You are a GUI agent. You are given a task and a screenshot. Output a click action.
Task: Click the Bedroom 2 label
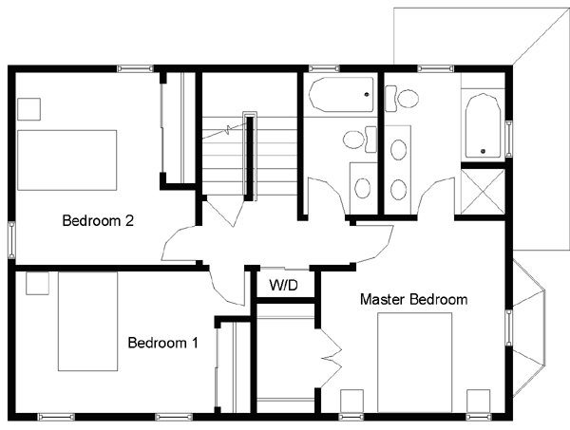[98, 220]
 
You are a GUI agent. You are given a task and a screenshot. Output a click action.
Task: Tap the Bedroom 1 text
[162, 343]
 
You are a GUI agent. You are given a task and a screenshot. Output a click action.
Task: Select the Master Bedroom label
[413, 299]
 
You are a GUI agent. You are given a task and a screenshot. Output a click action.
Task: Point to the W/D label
[283, 285]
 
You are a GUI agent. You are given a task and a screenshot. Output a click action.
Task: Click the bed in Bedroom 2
[67, 160]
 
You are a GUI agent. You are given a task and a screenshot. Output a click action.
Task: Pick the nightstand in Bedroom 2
[28, 109]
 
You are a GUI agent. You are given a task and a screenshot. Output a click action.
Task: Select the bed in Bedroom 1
[88, 322]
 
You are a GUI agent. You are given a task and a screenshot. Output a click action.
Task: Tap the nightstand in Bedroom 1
[37, 283]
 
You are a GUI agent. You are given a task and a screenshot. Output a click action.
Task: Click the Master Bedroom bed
[415, 363]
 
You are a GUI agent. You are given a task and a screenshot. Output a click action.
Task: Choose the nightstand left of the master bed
[351, 402]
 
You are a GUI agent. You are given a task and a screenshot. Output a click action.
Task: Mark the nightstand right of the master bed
[479, 402]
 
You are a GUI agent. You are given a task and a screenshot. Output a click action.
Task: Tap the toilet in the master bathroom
[402, 99]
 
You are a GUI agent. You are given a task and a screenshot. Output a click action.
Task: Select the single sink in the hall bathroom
[363, 188]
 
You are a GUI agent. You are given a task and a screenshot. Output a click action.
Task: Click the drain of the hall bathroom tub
[367, 95]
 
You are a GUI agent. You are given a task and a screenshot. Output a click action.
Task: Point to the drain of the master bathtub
[483, 151]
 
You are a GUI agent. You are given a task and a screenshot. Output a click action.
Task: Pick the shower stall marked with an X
[483, 192]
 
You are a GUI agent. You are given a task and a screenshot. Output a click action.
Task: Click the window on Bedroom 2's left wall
[11, 240]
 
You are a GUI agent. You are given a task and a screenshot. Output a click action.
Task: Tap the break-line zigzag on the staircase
[228, 129]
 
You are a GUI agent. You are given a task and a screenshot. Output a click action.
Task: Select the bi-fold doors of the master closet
[331, 358]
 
